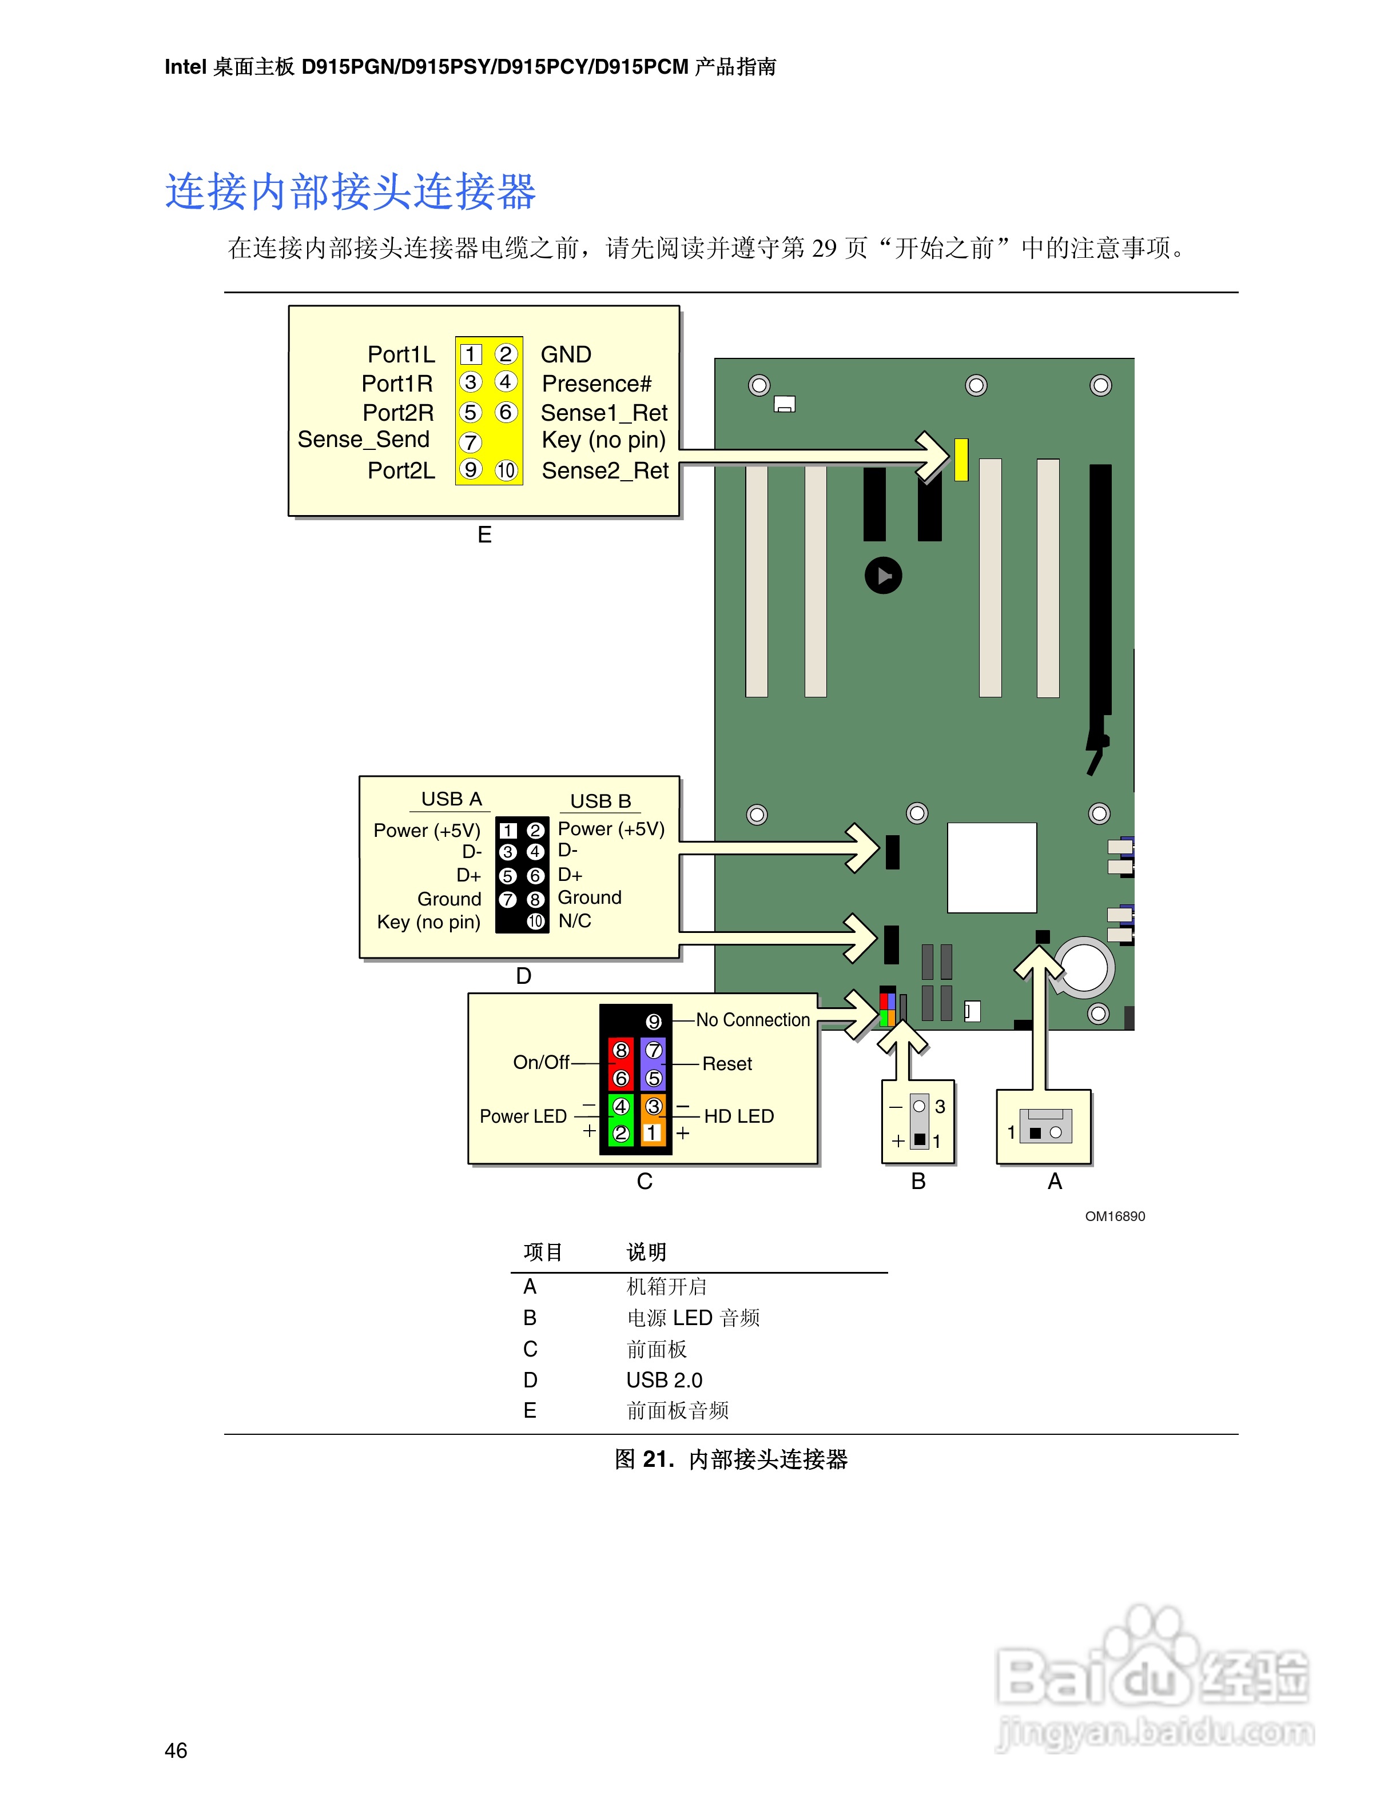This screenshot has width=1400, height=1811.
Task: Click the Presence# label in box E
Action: coord(596,384)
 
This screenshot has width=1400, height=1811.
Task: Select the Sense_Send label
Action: coord(363,440)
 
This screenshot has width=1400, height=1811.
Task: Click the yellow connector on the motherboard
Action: coord(961,460)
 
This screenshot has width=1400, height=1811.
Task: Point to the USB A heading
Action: coord(451,799)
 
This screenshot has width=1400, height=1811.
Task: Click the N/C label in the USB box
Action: coord(575,922)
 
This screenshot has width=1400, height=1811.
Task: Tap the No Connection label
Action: coord(752,1020)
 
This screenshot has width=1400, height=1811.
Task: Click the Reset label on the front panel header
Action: coord(726,1064)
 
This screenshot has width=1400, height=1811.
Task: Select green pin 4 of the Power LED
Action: coord(621,1106)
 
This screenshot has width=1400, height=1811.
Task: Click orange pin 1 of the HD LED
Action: coord(653,1132)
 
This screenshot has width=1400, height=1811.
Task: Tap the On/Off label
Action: coord(541,1062)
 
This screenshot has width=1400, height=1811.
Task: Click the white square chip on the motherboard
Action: coord(991,867)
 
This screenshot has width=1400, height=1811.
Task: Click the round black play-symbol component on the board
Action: coord(884,576)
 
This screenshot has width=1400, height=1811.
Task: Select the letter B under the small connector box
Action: coord(918,1182)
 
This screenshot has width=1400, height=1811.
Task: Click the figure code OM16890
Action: coord(1115,1216)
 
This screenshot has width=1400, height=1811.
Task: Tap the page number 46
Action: coord(176,1750)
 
